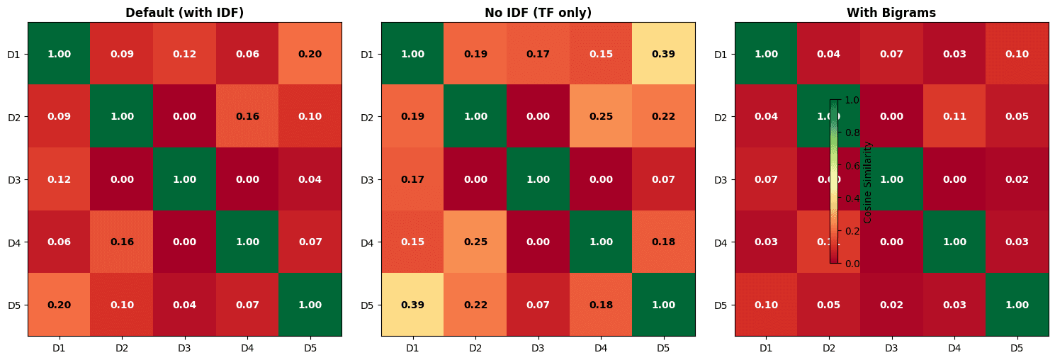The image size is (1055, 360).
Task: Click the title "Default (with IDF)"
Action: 184,13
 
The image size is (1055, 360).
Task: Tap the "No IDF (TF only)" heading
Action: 538,13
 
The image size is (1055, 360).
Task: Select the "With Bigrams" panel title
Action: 891,13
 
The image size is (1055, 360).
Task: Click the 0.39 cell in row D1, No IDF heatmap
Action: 663,54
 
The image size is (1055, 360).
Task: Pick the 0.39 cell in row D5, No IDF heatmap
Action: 412,305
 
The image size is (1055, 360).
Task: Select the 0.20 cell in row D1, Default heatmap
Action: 310,54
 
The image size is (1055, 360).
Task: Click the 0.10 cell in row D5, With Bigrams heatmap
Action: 765,305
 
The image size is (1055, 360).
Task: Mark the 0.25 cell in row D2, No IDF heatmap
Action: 600,116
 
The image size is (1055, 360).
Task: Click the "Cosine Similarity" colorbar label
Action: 868,182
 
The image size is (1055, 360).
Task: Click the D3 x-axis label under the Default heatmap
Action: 184,348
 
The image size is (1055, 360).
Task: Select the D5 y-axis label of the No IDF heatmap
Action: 367,305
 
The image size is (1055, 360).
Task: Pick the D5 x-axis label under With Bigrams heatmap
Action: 1016,348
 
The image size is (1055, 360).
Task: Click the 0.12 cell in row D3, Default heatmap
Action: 59,179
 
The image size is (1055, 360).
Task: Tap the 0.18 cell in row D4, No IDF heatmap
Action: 663,242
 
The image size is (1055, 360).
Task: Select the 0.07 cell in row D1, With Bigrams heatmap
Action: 891,54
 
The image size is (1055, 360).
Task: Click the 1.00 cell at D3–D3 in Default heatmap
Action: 184,179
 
